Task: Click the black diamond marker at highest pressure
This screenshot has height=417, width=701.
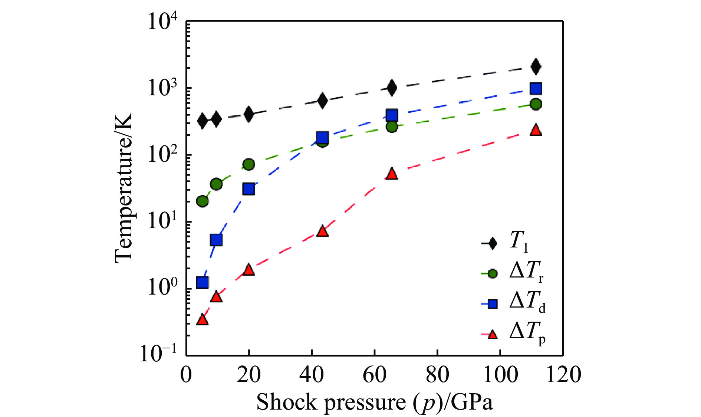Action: click(536, 67)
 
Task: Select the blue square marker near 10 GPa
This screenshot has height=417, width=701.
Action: click(216, 240)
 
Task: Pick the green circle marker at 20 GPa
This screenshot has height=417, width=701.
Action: click(249, 164)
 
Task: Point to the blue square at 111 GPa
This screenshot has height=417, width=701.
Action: click(536, 89)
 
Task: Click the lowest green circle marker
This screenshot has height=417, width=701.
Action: click(202, 201)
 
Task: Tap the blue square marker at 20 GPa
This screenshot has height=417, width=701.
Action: click(249, 189)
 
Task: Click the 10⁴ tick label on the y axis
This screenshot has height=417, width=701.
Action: click(163, 21)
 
